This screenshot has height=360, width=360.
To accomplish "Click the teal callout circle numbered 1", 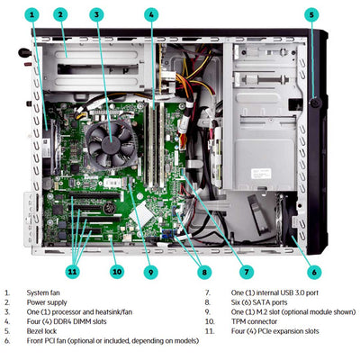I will [x=32, y=14].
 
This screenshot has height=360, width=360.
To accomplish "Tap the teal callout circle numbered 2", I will [x=60, y=14].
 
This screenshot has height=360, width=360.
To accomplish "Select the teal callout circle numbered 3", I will [x=96, y=14].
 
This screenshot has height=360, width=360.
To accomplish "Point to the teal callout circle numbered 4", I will [x=151, y=14].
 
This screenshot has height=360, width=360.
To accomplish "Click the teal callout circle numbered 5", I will [x=311, y=14].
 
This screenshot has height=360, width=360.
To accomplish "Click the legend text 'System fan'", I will [x=44, y=292].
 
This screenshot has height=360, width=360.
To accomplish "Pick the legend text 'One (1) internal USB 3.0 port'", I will [x=256, y=292].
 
